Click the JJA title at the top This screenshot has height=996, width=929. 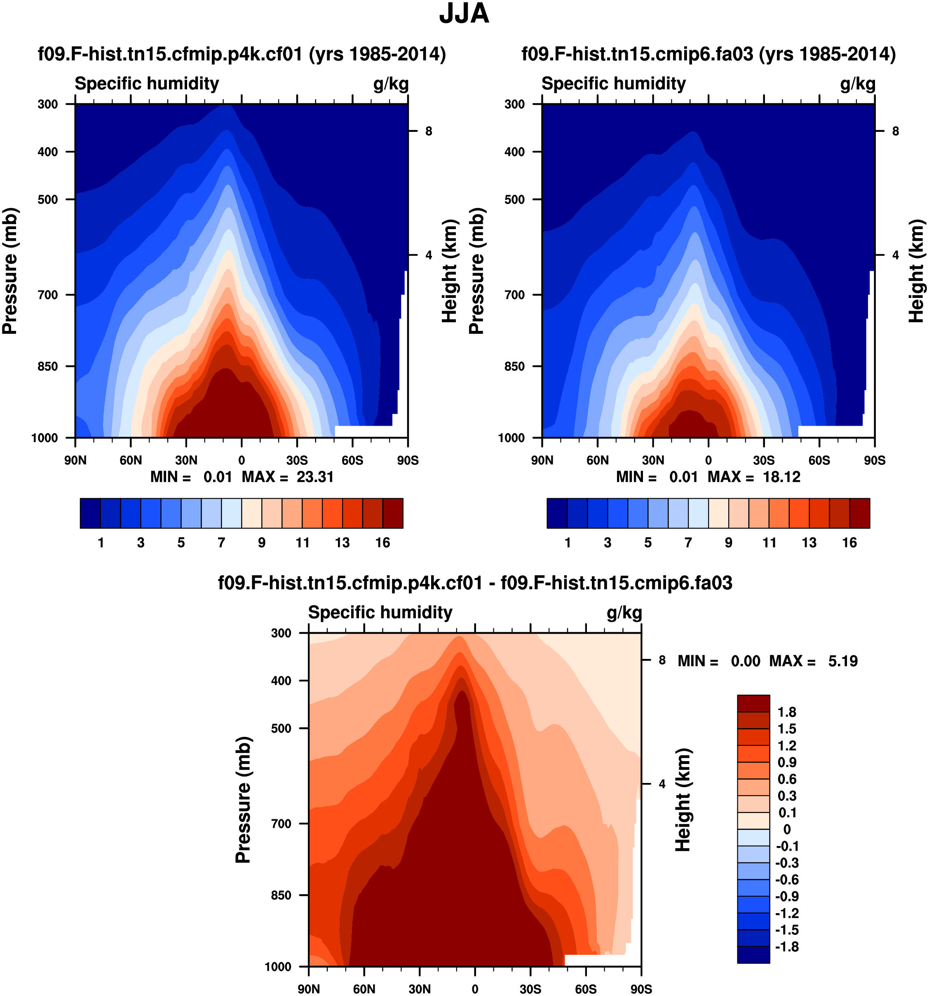click(464, 14)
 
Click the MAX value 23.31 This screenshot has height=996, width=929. click(314, 476)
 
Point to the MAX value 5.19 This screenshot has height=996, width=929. click(843, 661)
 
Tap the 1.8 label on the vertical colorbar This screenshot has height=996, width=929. click(786, 712)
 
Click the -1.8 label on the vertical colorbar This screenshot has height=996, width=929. click(786, 947)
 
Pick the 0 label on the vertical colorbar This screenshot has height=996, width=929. click(787, 829)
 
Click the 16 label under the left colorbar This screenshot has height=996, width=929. click(382, 543)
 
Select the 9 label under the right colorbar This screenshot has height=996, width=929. click(729, 543)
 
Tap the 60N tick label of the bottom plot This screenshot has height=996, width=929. click(364, 989)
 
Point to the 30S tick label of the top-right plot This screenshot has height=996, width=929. click(764, 460)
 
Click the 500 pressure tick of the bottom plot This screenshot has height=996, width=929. click(281, 728)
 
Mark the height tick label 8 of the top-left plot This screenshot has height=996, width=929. click(428, 131)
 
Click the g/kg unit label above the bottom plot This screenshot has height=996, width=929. click(624, 613)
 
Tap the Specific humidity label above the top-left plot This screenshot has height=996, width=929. click(147, 84)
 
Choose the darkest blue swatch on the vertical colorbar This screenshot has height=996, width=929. click(753, 954)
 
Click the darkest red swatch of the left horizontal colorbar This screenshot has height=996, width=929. click(392, 513)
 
